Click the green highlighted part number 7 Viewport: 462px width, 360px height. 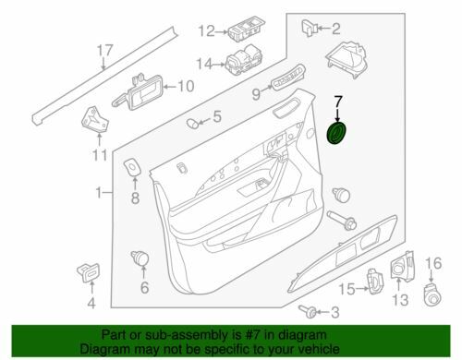pos(336,133)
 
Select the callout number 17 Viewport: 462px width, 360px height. pos(105,51)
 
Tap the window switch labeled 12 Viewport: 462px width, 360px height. pos(244,33)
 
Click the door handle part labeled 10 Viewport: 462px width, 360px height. pos(138,92)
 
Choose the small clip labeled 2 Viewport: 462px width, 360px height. pos(309,28)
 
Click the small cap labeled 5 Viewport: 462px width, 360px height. pos(192,124)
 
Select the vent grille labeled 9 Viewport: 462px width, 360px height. pos(288,77)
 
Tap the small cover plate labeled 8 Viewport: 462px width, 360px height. pos(132,167)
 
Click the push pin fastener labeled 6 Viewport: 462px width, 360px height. pos(140,258)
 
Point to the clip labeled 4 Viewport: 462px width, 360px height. pos(88,272)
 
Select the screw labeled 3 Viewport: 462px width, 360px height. pos(307,311)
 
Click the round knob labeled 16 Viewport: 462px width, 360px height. pos(432,294)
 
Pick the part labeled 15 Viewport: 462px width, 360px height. pos(376,281)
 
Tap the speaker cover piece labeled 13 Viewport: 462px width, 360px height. pos(402,267)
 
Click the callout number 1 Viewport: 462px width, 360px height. pos(99,193)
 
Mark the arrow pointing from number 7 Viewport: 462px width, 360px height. pos(338,114)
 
